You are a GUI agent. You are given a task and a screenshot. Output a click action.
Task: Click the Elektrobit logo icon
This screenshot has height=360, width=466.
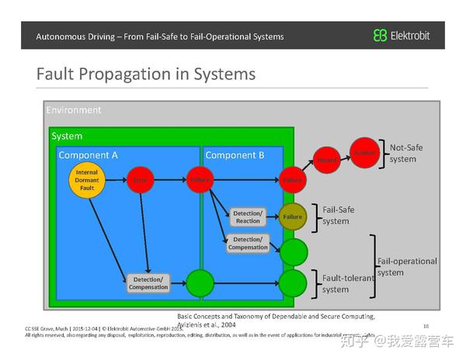tap(380, 36)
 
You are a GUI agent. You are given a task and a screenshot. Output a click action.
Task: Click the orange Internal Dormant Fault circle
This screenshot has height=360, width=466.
tap(87, 179)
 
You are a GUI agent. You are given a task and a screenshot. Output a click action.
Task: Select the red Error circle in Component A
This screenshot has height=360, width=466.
tap(140, 179)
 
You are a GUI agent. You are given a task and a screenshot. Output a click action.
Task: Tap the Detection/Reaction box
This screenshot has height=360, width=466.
tap(248, 216)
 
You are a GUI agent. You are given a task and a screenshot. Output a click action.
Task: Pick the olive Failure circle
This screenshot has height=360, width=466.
tap(292, 216)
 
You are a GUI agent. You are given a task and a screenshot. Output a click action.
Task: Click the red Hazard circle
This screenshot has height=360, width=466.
tap(327, 160)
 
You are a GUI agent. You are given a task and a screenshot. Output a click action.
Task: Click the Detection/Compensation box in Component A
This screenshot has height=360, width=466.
tap(148, 282)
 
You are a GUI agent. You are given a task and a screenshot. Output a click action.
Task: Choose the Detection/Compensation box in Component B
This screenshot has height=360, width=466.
tap(248, 244)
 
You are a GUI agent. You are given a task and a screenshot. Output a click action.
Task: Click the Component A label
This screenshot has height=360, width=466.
tap(88, 155)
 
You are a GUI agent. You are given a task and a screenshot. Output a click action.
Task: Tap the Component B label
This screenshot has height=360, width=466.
tap(235, 155)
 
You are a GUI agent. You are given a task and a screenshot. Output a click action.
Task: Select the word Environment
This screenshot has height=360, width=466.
tap(74, 110)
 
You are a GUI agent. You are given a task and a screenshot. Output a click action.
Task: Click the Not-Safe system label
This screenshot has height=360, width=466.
tap(403, 153)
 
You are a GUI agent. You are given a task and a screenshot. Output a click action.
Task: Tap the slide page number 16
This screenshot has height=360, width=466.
tap(426, 326)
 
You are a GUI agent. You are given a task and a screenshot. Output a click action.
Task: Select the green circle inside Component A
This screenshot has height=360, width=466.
tap(200, 282)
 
